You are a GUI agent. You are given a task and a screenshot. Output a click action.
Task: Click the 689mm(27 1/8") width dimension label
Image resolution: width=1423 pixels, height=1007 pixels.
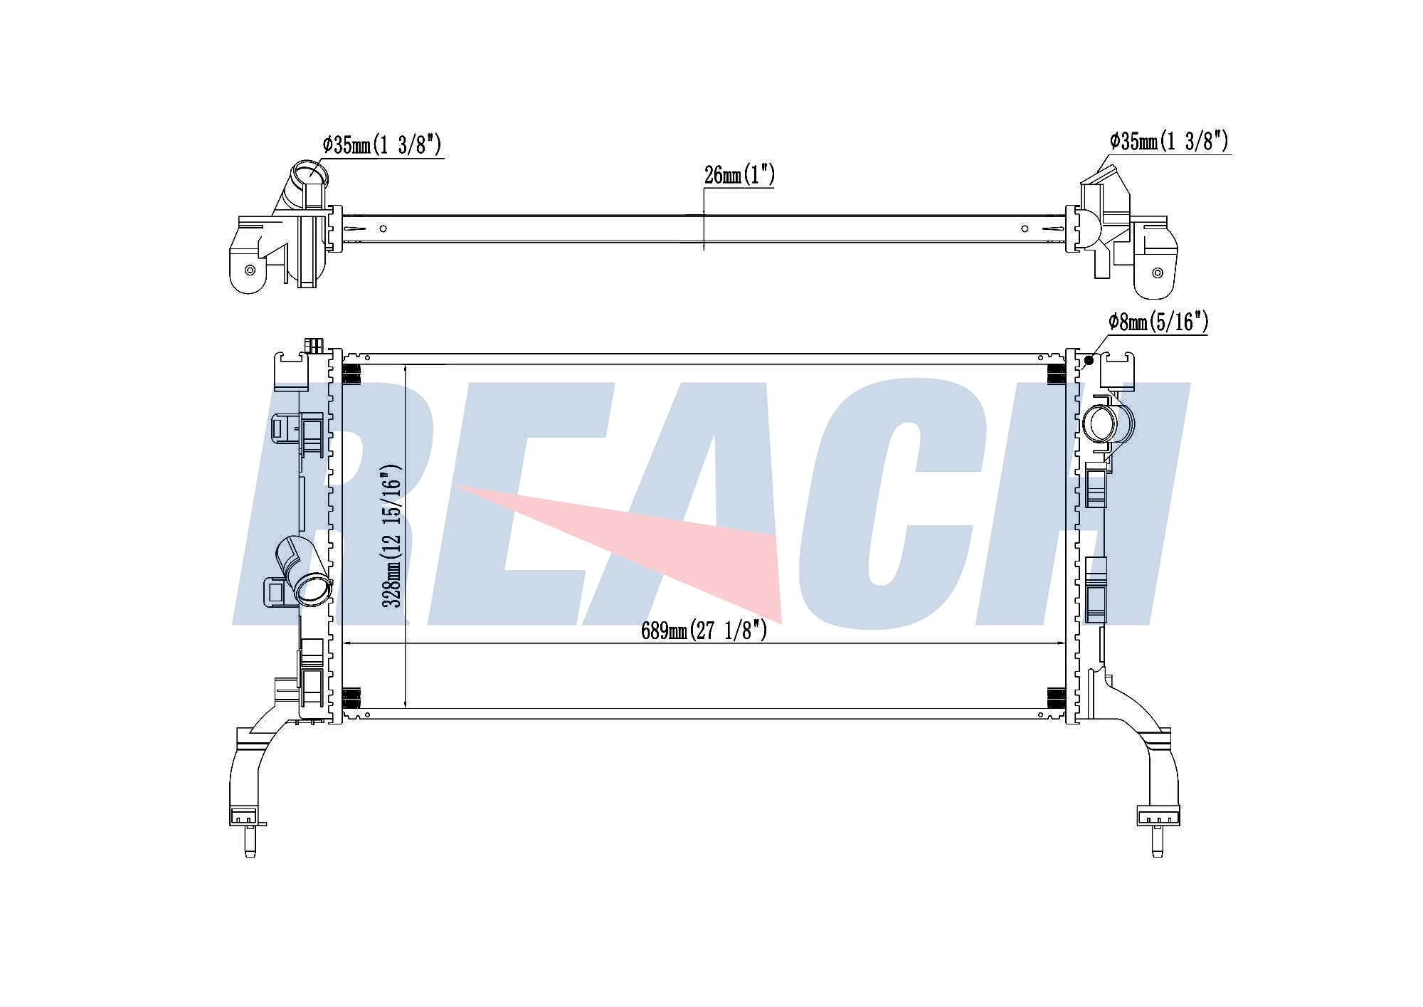tap(704, 631)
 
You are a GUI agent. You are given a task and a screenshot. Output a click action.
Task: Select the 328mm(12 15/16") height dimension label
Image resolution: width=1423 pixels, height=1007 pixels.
tap(392, 536)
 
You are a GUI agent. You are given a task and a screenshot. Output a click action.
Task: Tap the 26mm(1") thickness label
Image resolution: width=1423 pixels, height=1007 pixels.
tap(739, 175)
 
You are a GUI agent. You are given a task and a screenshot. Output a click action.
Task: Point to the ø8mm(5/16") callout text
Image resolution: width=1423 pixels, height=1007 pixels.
tap(1158, 322)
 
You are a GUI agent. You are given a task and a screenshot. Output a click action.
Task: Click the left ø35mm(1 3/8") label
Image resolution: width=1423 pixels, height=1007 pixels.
tap(382, 145)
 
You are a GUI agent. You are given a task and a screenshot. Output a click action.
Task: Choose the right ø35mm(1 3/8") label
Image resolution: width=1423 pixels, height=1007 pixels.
tap(1169, 142)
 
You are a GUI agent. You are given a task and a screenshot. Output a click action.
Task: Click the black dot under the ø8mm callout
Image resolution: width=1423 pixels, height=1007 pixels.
tap(1089, 361)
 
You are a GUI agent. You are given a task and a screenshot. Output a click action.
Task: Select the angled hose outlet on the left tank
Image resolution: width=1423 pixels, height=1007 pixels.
tap(302, 571)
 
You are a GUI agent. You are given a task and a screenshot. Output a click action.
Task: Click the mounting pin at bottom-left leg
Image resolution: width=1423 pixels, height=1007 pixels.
tap(250, 842)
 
